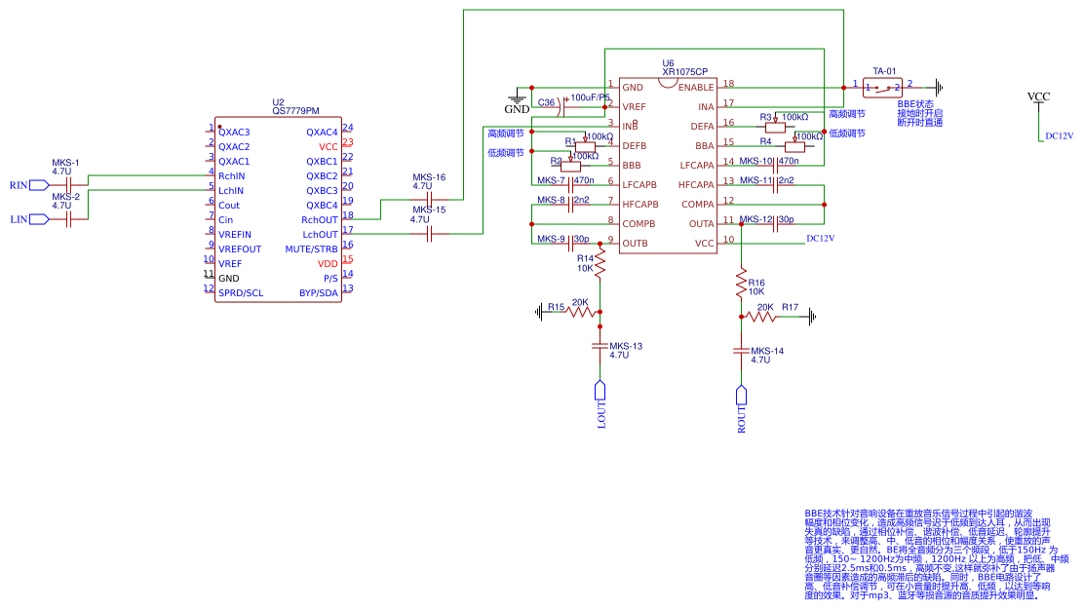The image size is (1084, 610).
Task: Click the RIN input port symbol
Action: pos(39,184)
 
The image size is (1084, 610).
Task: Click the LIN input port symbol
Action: pos(39,219)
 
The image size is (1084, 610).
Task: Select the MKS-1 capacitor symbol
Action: pos(68,184)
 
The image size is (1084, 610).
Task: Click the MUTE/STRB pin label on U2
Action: pos(312,248)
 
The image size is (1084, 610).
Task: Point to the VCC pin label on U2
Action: pos(328,146)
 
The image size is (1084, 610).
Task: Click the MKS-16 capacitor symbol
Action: pos(429,200)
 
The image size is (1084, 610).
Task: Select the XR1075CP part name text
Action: pos(685,72)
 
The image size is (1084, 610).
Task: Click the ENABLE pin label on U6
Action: pos(695,88)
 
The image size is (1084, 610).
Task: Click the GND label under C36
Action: pos(517,109)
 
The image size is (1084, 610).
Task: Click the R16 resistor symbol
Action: pos(741,286)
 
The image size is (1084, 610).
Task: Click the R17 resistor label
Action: pos(790,307)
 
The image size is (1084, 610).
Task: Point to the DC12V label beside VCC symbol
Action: pos(1059,137)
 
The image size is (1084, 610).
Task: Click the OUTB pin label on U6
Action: pos(635,243)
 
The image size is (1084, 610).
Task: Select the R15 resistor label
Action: pos(556,307)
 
